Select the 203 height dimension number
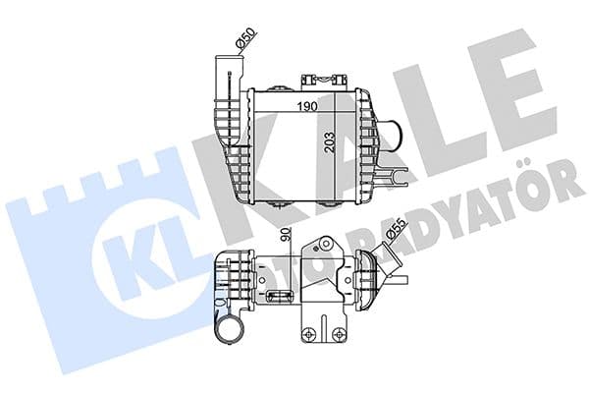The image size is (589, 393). (332, 146)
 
